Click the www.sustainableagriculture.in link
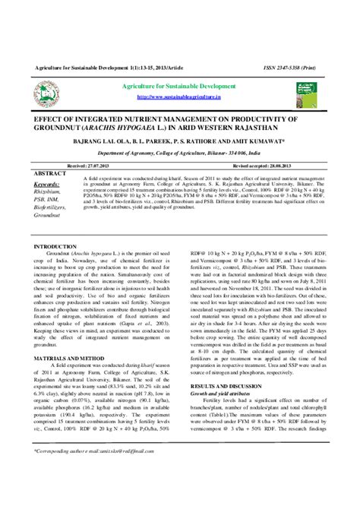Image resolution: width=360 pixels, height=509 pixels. [179, 98]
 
